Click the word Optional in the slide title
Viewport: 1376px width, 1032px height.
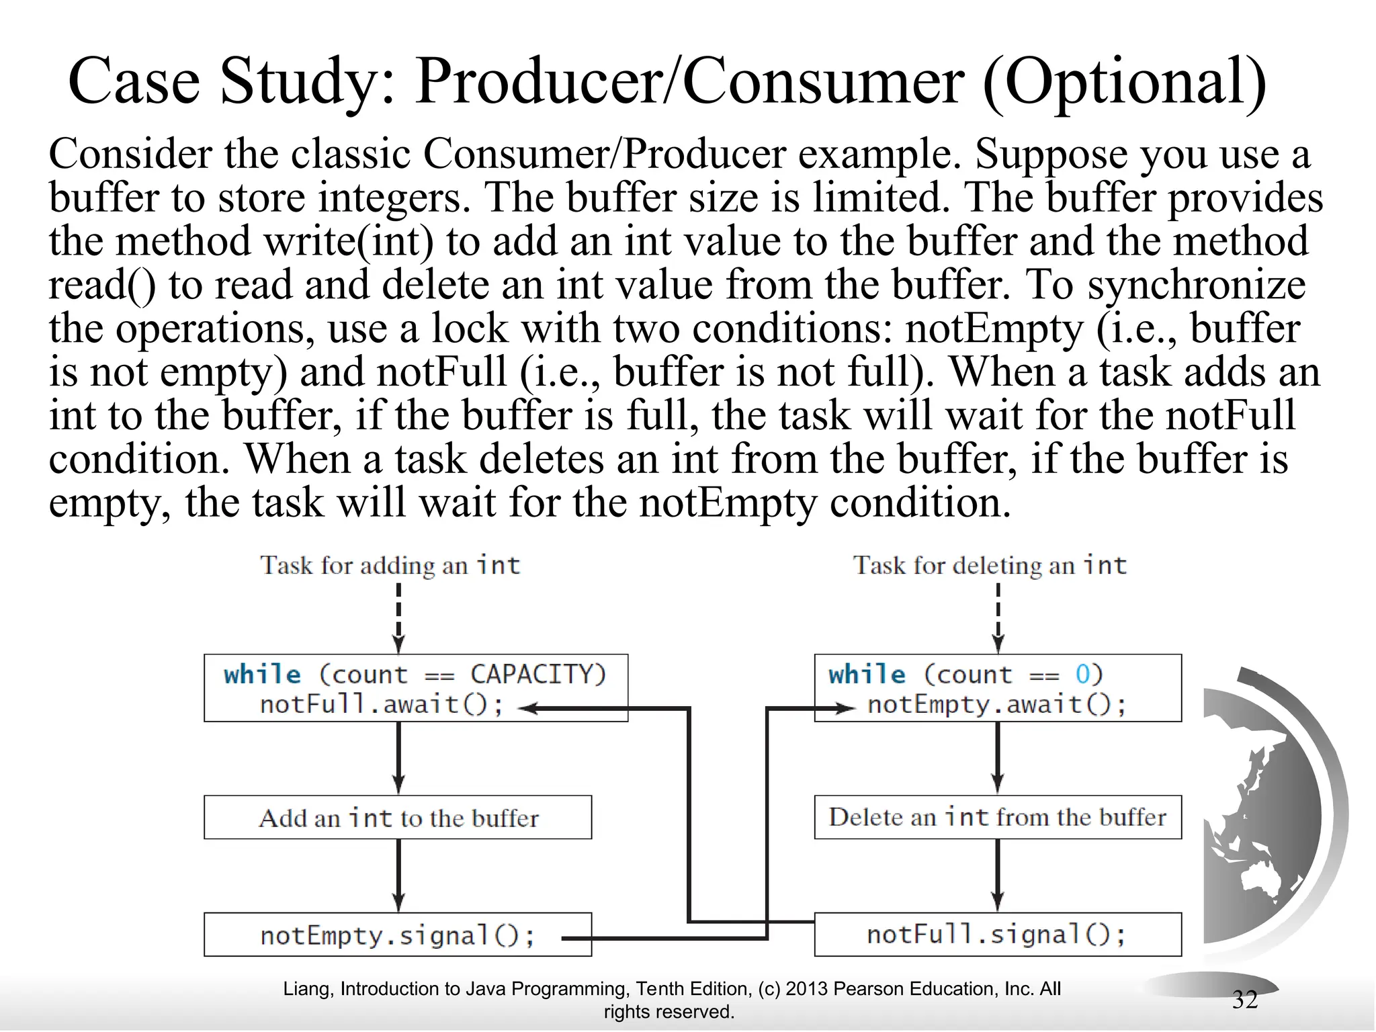tap(1125, 82)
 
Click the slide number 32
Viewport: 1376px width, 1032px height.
tap(1244, 1000)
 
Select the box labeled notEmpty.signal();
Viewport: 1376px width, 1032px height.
tap(397, 935)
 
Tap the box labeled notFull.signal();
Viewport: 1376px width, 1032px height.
tap(997, 935)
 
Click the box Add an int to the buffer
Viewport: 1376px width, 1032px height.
tap(397, 818)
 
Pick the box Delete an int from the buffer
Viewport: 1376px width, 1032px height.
tap(997, 817)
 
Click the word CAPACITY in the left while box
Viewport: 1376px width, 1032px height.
tap(537, 674)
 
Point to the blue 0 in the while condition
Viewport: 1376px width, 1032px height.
tap(1082, 674)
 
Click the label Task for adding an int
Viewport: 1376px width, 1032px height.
tap(390, 565)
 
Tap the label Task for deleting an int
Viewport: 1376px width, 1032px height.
tap(989, 565)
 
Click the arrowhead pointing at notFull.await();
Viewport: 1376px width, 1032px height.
tap(528, 708)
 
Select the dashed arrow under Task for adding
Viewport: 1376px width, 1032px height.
tap(398, 615)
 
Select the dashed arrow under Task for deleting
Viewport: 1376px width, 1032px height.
tap(998, 615)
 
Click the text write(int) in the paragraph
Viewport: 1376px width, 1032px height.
tap(349, 242)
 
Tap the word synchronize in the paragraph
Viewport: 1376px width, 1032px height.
tap(1196, 285)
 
